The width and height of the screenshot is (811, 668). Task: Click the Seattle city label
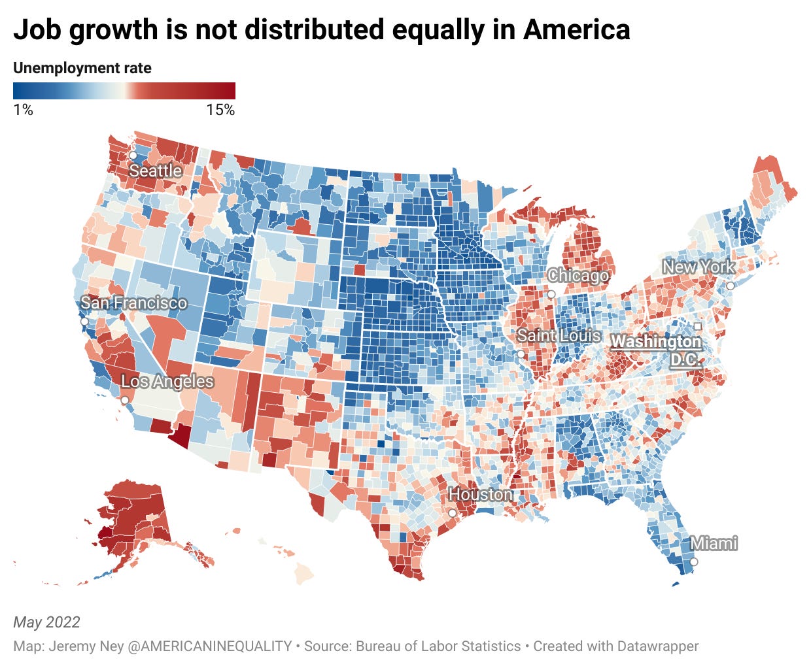pyautogui.click(x=155, y=171)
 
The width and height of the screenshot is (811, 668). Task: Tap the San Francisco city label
pyautogui.click(x=133, y=303)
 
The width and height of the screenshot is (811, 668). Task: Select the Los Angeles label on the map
pyautogui.click(x=167, y=382)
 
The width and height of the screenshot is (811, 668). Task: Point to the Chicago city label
pyautogui.click(x=578, y=276)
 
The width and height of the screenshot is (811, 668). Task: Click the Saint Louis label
pyautogui.click(x=559, y=336)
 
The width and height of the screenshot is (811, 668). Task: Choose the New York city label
pyautogui.click(x=699, y=267)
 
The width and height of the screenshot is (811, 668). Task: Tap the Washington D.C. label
pyautogui.click(x=657, y=350)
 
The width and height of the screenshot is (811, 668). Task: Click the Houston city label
pyautogui.click(x=481, y=495)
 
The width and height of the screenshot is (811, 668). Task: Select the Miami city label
pyautogui.click(x=714, y=543)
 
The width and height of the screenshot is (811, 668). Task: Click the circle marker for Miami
pyautogui.click(x=694, y=562)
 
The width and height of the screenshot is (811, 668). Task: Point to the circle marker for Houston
pyautogui.click(x=452, y=513)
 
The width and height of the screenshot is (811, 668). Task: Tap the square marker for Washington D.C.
pyautogui.click(x=698, y=326)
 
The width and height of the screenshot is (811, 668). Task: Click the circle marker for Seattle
pyautogui.click(x=132, y=156)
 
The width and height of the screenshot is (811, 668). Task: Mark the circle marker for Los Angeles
pyautogui.click(x=124, y=400)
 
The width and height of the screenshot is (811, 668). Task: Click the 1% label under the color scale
pyautogui.click(x=23, y=110)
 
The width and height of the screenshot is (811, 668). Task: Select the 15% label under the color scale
pyautogui.click(x=220, y=110)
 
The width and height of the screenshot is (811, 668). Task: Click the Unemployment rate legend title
pyautogui.click(x=82, y=68)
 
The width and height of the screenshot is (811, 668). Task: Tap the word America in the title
pyautogui.click(x=577, y=30)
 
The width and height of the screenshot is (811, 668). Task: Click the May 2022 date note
pyautogui.click(x=46, y=622)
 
